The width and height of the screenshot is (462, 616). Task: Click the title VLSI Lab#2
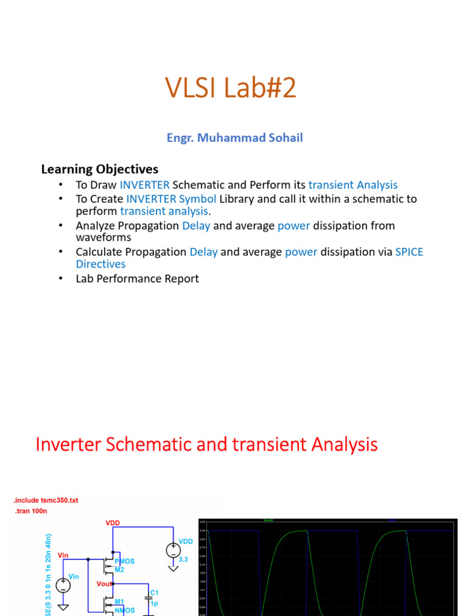click(231, 90)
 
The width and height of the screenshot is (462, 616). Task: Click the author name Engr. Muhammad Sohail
click(235, 138)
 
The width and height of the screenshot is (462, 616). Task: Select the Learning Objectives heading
click(99, 169)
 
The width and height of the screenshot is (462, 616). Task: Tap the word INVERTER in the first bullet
click(144, 185)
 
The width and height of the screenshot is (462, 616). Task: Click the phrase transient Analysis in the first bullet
click(353, 185)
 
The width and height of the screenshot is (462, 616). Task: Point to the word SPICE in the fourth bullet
click(409, 252)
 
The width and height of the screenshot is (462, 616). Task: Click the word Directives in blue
click(100, 264)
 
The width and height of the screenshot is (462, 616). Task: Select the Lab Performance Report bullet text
click(137, 279)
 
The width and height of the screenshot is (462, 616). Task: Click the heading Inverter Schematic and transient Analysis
click(206, 445)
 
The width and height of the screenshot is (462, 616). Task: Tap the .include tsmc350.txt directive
click(45, 500)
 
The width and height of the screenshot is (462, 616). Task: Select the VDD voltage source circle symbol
click(173, 550)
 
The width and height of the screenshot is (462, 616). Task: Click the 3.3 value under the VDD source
click(183, 559)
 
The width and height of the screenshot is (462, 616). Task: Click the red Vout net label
click(105, 584)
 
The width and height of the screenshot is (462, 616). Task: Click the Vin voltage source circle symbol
click(63, 585)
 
